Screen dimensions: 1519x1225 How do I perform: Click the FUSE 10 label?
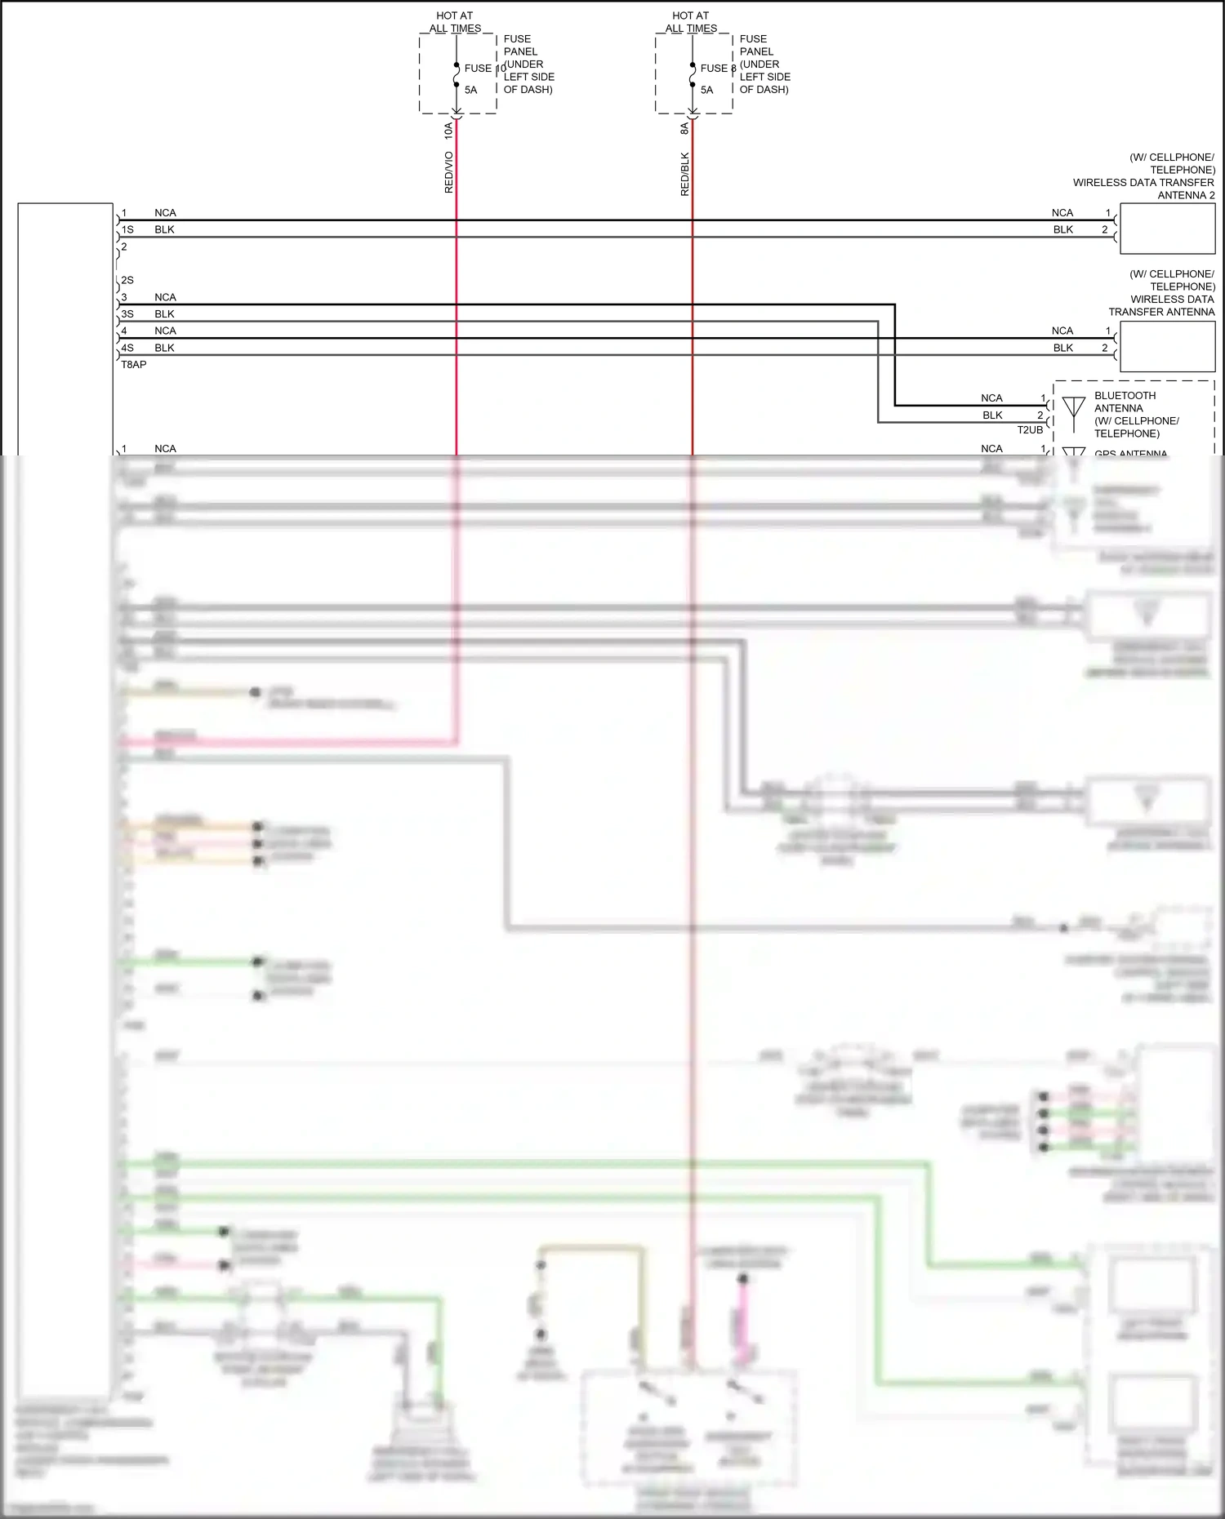[484, 69]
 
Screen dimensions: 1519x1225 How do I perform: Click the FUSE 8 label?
[718, 69]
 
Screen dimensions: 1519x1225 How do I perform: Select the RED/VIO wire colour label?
[448, 172]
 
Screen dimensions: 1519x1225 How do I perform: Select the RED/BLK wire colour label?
[684, 174]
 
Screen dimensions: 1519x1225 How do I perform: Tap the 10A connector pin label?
[448, 129]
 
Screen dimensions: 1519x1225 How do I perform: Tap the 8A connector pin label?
[684, 128]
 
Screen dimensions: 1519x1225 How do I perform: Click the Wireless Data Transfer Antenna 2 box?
[1167, 229]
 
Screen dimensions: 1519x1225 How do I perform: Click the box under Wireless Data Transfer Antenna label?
[1167, 346]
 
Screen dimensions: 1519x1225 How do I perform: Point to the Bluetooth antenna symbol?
[1073, 406]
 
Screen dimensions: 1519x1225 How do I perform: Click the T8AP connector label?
[134, 365]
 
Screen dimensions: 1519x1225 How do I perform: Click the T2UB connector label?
[1030, 430]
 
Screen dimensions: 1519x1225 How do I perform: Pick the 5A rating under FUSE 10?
[471, 91]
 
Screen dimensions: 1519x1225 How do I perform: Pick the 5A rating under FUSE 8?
[707, 91]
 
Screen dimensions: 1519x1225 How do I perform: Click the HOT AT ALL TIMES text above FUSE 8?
[691, 22]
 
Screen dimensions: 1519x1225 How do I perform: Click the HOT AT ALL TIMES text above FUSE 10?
[455, 22]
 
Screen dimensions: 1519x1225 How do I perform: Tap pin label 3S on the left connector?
[127, 314]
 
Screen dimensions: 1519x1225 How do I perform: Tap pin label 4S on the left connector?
[127, 348]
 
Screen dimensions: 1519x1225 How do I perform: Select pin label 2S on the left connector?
[127, 281]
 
